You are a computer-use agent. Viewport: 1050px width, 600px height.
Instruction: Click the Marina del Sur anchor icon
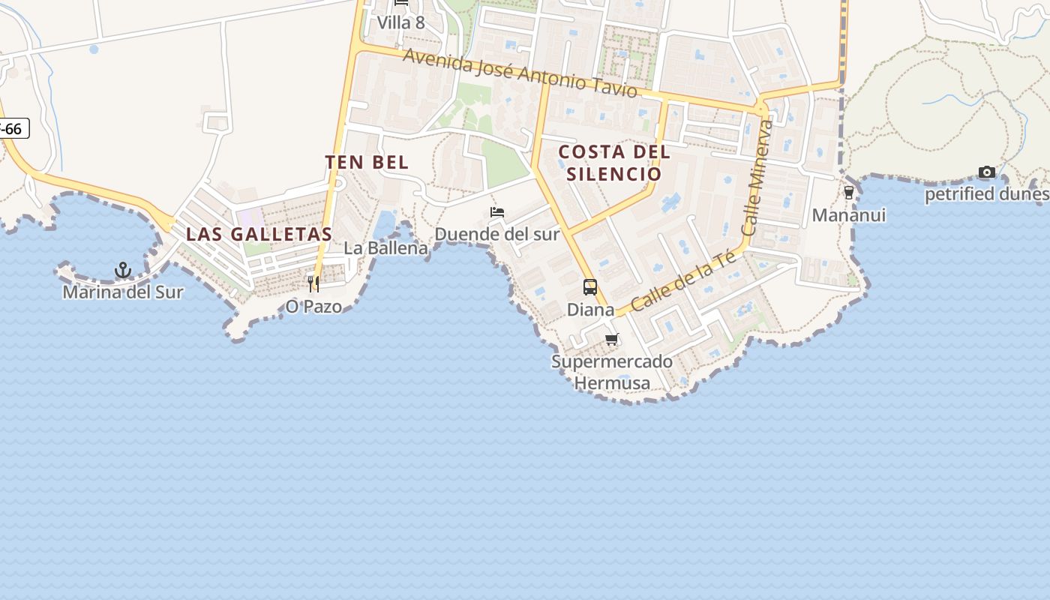(122, 270)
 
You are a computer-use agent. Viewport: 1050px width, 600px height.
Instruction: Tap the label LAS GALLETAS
(259, 234)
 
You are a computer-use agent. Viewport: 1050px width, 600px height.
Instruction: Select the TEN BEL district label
(367, 162)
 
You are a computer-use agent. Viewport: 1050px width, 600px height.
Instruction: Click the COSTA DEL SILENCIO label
(614, 163)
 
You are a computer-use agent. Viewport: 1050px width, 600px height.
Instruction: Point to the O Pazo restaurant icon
(313, 283)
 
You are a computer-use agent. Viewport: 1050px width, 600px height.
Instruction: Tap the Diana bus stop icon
(590, 287)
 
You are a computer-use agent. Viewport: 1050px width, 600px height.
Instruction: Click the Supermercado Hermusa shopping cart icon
(612, 340)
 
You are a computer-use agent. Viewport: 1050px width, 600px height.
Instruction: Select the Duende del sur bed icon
(497, 213)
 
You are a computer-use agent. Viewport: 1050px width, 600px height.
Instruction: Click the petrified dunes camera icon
(987, 172)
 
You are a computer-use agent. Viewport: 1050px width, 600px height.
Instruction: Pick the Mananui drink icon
(849, 193)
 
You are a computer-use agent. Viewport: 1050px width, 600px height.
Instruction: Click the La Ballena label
(385, 248)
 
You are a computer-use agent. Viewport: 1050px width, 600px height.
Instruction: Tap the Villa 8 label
(400, 22)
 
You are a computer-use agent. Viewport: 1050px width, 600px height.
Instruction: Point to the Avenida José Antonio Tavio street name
(520, 73)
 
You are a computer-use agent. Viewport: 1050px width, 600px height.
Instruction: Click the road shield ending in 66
(13, 129)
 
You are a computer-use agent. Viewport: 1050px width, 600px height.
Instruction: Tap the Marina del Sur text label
(122, 292)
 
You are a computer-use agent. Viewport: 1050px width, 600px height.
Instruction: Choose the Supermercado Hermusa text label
(612, 372)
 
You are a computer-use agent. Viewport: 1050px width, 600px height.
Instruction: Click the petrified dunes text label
(986, 195)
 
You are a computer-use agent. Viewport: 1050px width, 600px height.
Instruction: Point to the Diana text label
(590, 310)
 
